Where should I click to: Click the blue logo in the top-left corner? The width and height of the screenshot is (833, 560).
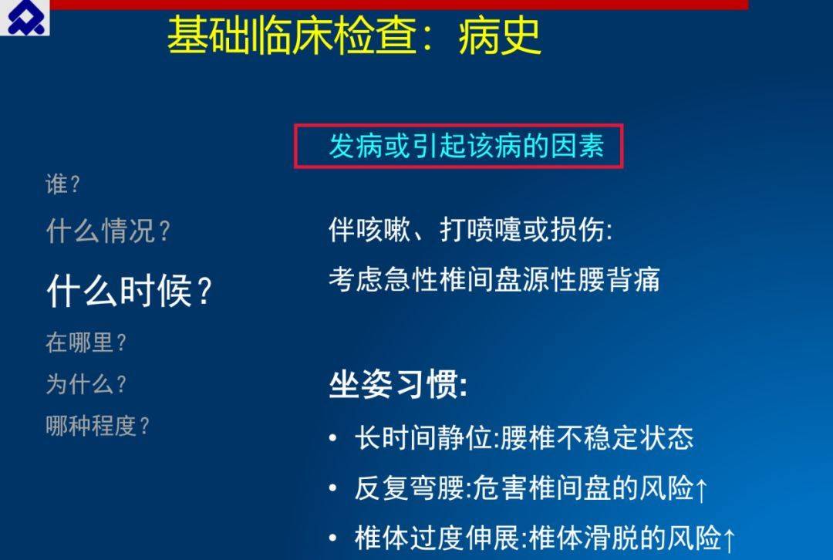[25, 18]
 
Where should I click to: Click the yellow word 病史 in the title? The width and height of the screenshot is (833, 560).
[499, 36]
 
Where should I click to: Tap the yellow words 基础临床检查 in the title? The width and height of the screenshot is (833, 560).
[292, 36]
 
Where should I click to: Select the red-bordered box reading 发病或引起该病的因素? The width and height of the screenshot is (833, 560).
[458, 147]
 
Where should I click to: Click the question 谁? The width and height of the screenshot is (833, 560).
[62, 185]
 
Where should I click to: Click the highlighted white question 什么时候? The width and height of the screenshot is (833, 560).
[130, 291]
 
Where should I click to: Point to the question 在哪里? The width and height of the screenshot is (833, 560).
[86, 342]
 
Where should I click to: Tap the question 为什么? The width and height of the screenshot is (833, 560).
[86, 383]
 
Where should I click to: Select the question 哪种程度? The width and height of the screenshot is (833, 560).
[98, 426]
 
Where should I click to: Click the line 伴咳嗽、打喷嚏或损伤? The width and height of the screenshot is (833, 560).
[470, 230]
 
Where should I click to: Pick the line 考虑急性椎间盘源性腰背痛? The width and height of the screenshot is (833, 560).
[494, 279]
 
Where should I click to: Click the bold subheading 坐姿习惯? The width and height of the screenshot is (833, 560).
[399, 384]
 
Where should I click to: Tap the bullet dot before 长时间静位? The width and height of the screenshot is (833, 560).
[333, 439]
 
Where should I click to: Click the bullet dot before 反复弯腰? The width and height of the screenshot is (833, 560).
[333, 488]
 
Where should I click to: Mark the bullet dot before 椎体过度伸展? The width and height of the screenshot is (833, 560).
[333, 538]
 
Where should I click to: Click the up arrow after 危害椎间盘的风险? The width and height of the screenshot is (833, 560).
[701, 490]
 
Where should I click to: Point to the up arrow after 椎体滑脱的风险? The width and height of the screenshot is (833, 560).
[729, 539]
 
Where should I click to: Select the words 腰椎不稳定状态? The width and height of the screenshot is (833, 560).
[597, 438]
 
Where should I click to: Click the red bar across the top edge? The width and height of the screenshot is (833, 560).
[399, 5]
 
